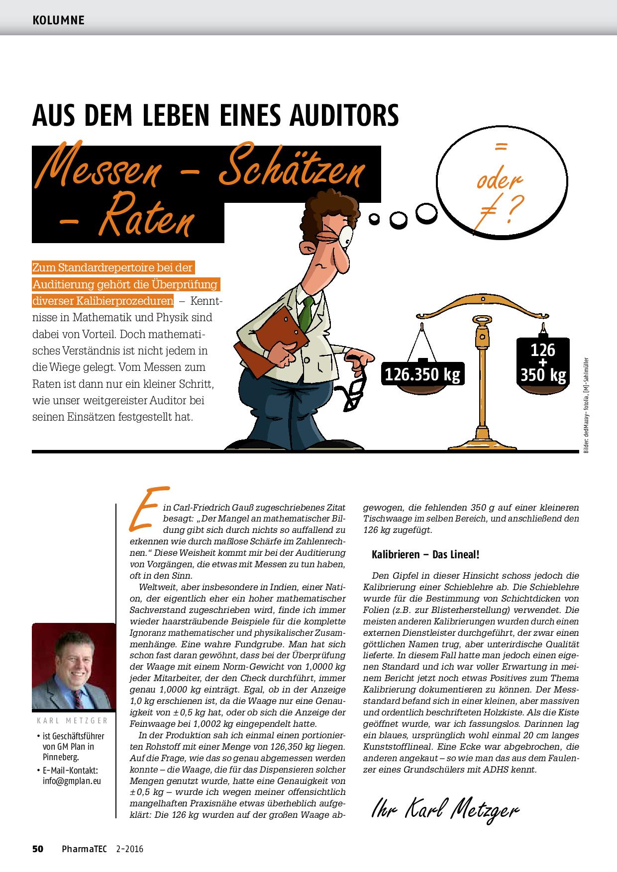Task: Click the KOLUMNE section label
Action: (x=58, y=20)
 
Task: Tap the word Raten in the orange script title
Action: (x=144, y=222)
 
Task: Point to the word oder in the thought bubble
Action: (x=499, y=181)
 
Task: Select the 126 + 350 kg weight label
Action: (x=542, y=362)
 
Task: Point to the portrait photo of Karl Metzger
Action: (x=73, y=666)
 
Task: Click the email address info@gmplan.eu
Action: (x=72, y=781)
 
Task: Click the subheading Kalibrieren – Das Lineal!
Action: (x=425, y=554)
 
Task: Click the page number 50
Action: (x=38, y=849)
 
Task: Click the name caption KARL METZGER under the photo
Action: (x=73, y=720)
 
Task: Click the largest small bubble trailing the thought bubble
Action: (x=426, y=212)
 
